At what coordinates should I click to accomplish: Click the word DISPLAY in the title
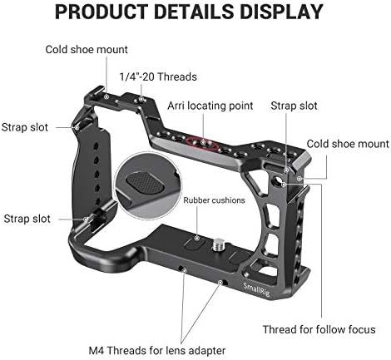(x=281, y=12)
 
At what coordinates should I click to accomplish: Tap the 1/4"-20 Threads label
(x=158, y=76)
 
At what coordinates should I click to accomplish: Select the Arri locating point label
(x=210, y=106)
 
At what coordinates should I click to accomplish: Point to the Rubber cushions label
(x=214, y=200)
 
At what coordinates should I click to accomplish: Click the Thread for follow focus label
(x=319, y=329)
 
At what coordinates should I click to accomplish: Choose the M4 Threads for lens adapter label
(x=157, y=351)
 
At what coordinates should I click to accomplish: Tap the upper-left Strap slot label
(x=25, y=127)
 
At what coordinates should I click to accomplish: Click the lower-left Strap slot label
(x=27, y=219)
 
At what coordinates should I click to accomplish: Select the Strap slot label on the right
(x=294, y=106)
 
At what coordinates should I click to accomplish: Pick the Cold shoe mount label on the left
(x=87, y=50)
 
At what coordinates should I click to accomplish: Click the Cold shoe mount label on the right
(x=348, y=144)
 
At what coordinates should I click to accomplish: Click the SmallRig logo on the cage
(x=256, y=289)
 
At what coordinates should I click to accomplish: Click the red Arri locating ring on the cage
(x=203, y=143)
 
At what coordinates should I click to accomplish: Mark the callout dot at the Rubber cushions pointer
(x=197, y=238)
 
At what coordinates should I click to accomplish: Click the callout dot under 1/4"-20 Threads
(x=141, y=99)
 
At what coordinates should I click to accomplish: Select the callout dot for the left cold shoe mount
(x=106, y=97)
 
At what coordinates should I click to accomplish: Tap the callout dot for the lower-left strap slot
(x=86, y=219)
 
